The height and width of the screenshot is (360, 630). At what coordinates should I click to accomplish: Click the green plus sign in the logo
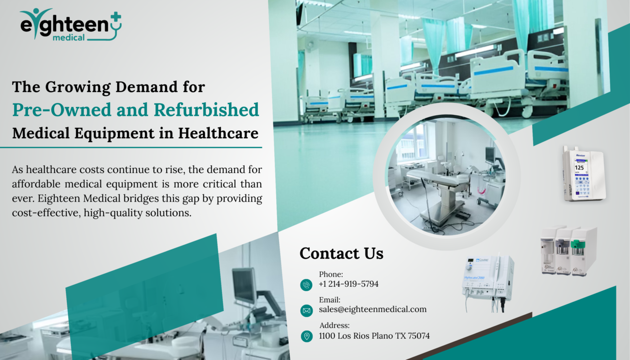coord(115,17)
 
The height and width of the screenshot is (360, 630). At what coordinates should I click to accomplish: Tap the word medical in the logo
coord(69,37)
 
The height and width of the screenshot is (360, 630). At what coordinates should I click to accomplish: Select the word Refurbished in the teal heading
coord(206,110)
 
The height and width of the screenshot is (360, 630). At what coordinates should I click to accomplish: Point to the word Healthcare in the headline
coord(218,133)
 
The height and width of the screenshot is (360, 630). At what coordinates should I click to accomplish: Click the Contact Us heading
coord(342,253)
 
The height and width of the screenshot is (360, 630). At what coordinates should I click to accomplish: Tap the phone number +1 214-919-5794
coord(349,284)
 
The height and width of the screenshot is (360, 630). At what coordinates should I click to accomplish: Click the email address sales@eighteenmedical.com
coord(373,309)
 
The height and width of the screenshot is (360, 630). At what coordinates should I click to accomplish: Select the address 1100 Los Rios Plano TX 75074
coord(374,336)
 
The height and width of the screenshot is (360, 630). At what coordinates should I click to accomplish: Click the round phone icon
coord(306,285)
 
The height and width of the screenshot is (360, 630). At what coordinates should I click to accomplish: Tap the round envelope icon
coord(307,311)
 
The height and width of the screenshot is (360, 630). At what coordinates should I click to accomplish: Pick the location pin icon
coord(307,336)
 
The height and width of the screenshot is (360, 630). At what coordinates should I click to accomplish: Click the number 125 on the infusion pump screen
coord(580,168)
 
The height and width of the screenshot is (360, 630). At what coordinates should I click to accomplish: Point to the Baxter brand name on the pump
coord(581,155)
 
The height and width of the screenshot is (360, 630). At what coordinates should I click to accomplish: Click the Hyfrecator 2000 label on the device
coord(474,278)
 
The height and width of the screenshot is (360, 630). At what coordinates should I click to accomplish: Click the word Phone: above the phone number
coord(331,274)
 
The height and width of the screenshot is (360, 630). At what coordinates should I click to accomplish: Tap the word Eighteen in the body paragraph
coord(59,199)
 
